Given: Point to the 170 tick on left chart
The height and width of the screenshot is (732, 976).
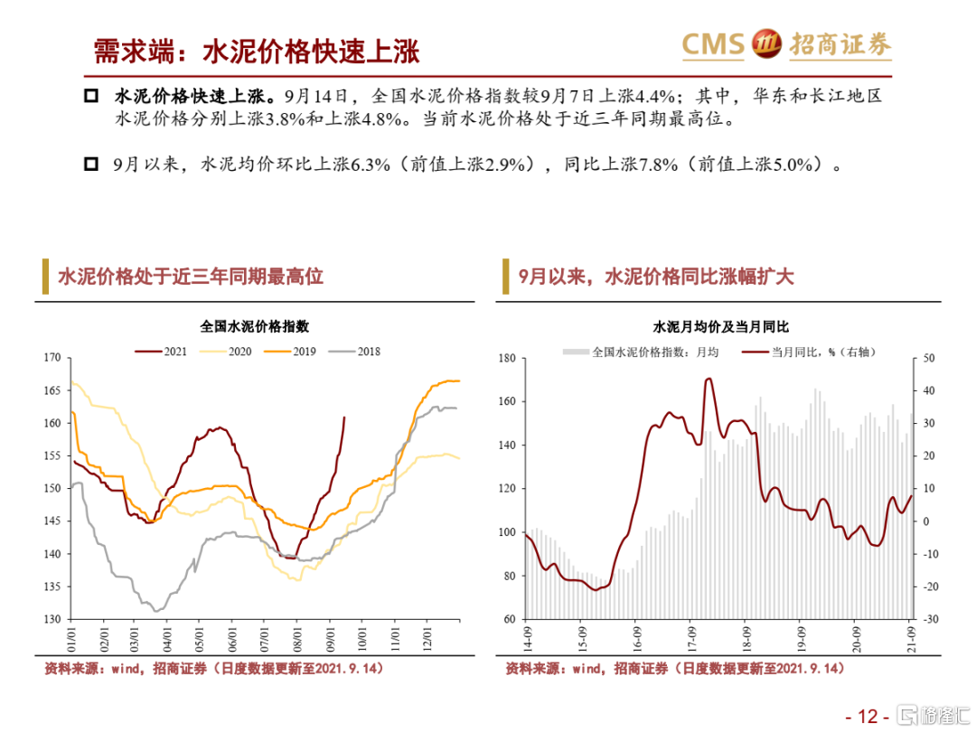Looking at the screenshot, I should tap(52, 358).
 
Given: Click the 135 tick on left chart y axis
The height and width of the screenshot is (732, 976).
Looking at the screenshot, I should tap(52, 587).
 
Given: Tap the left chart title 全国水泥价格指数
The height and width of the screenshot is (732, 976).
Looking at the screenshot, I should tap(255, 326).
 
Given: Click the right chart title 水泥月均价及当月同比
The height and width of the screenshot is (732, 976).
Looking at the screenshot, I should tap(721, 326).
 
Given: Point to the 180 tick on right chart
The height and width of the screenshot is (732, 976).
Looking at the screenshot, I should tap(506, 359).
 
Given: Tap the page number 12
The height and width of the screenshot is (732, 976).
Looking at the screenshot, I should tap(868, 717).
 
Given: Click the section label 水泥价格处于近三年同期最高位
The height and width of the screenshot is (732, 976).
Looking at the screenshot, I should tap(191, 276).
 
